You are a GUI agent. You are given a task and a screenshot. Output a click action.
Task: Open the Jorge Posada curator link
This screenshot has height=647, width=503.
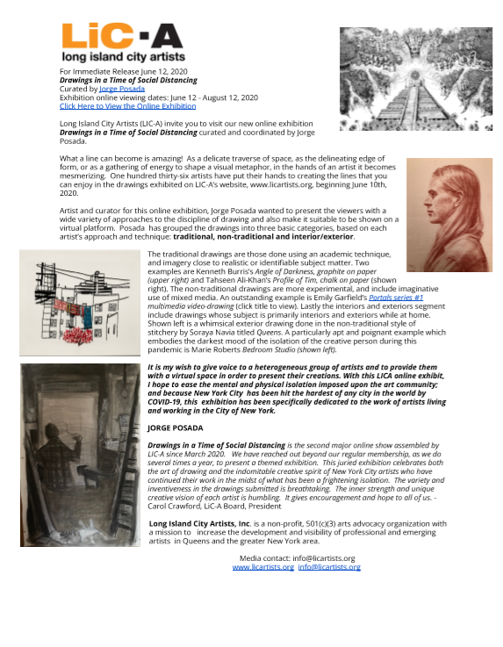tap(118, 89)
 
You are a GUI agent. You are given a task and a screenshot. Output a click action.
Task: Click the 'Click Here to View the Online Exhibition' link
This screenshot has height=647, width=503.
tap(127, 105)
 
